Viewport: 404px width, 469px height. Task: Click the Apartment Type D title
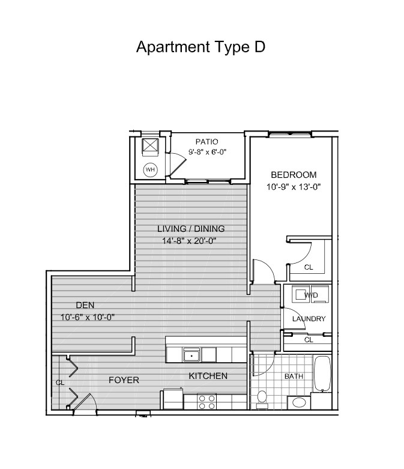(200, 47)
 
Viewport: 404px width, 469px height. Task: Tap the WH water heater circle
(150, 169)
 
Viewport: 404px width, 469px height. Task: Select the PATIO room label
(207, 142)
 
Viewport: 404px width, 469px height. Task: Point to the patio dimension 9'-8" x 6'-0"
(207, 152)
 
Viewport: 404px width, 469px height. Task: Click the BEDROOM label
(294, 174)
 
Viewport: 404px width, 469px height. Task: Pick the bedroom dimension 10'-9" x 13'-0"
(294, 187)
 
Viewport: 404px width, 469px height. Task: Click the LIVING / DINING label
(191, 229)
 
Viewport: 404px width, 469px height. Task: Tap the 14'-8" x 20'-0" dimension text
(189, 240)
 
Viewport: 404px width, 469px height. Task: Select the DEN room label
(85, 305)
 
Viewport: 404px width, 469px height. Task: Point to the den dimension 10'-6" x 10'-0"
(88, 317)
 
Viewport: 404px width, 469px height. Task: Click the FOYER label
(124, 380)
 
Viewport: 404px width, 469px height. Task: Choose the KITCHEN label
(208, 376)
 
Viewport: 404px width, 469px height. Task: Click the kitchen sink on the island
(191, 355)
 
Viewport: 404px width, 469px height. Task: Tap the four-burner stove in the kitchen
(207, 402)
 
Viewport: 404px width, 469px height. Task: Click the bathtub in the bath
(322, 374)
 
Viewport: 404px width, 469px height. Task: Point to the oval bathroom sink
(299, 402)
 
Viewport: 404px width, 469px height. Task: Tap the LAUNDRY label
(309, 319)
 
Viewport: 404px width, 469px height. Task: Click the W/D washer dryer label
(312, 295)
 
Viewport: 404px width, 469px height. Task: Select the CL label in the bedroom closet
(309, 267)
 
